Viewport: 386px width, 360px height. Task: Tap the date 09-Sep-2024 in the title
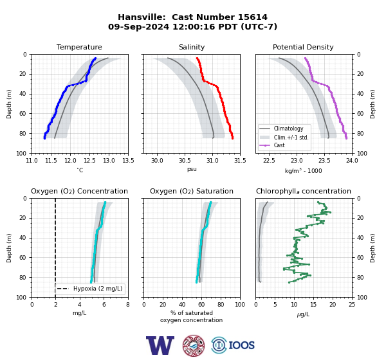[138, 26]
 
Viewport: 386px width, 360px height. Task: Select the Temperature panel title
[79, 47]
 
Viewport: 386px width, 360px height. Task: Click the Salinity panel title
[192, 47]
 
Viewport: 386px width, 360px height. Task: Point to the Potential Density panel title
[303, 47]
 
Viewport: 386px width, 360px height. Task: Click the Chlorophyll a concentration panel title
[304, 191]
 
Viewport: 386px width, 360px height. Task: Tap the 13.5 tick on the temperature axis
[128, 161]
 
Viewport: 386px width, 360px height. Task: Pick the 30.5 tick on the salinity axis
[185, 161]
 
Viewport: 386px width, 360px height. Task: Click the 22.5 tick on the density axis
[269, 161]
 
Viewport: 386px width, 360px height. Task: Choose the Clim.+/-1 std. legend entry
[291, 138]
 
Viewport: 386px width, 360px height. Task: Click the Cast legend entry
[279, 145]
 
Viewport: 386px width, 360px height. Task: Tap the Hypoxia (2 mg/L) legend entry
[98, 289]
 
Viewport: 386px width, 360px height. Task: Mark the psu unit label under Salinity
[192, 169]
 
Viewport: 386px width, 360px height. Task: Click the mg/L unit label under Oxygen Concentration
[80, 313]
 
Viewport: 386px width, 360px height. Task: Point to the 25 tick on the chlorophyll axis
[352, 305]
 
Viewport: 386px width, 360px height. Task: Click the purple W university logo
[160, 345]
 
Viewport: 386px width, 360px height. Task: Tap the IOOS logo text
[241, 345]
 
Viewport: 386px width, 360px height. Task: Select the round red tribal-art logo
[194, 345]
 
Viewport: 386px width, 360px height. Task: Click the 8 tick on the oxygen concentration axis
[128, 305]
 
